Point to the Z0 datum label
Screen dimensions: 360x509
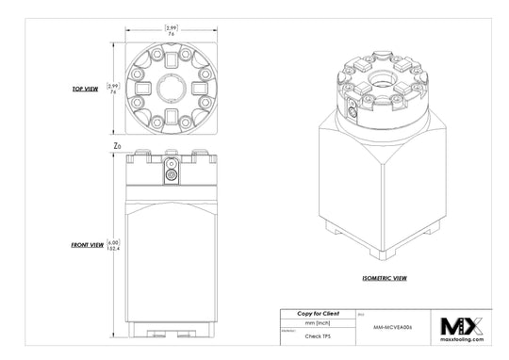pos(117,146)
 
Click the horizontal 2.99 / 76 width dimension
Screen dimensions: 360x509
pos(171,30)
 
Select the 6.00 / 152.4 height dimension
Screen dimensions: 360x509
pos(115,244)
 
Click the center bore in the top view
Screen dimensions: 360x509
pos(171,89)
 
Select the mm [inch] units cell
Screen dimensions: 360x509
pos(318,322)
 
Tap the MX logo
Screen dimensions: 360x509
pos(462,325)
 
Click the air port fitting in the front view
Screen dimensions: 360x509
pos(171,173)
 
